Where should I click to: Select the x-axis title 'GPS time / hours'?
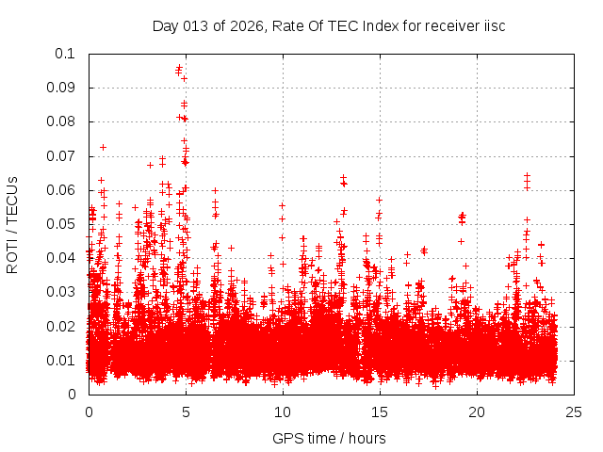coord(329,438)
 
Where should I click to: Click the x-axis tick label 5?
coord(186,412)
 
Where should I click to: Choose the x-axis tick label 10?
coord(282,412)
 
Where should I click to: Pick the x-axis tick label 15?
coord(379,412)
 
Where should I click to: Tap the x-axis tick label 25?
coord(573,412)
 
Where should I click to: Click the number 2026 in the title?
coord(248,25)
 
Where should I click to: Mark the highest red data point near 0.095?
coord(179,68)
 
